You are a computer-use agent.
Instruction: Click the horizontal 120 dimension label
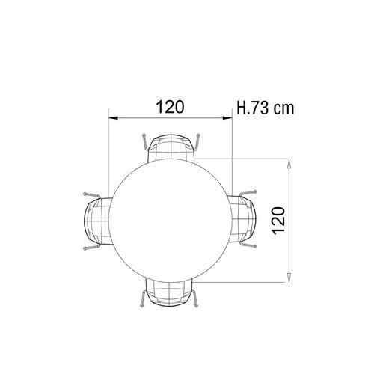[x=171, y=107]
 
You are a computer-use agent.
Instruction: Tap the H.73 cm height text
[x=266, y=108]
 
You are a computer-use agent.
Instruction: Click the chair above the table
[x=171, y=147]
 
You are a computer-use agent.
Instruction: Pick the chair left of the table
[x=98, y=221]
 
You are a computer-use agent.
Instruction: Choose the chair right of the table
[x=242, y=219]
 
